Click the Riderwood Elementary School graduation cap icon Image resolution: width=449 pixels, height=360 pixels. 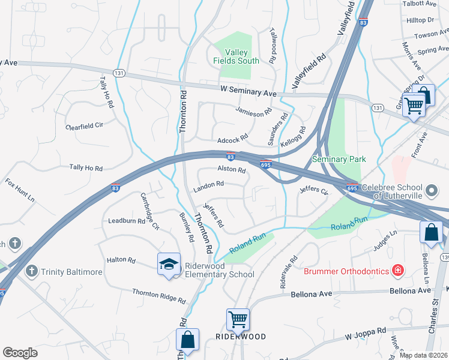pos(169,263)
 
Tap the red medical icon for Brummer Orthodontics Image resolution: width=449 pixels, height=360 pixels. pos(397,271)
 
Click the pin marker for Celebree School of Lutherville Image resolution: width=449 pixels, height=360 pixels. pos(430,191)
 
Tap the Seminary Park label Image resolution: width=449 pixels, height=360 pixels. pos(339,159)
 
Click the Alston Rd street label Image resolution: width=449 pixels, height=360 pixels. pos(232,170)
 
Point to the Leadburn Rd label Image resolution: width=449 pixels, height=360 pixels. pos(126,220)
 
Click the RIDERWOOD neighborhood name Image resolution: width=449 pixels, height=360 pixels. pos(240,337)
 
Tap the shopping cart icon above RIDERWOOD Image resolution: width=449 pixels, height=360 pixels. pos(238,319)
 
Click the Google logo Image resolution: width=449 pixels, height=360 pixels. pos(20,352)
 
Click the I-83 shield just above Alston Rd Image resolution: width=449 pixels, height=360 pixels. pos(231,158)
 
